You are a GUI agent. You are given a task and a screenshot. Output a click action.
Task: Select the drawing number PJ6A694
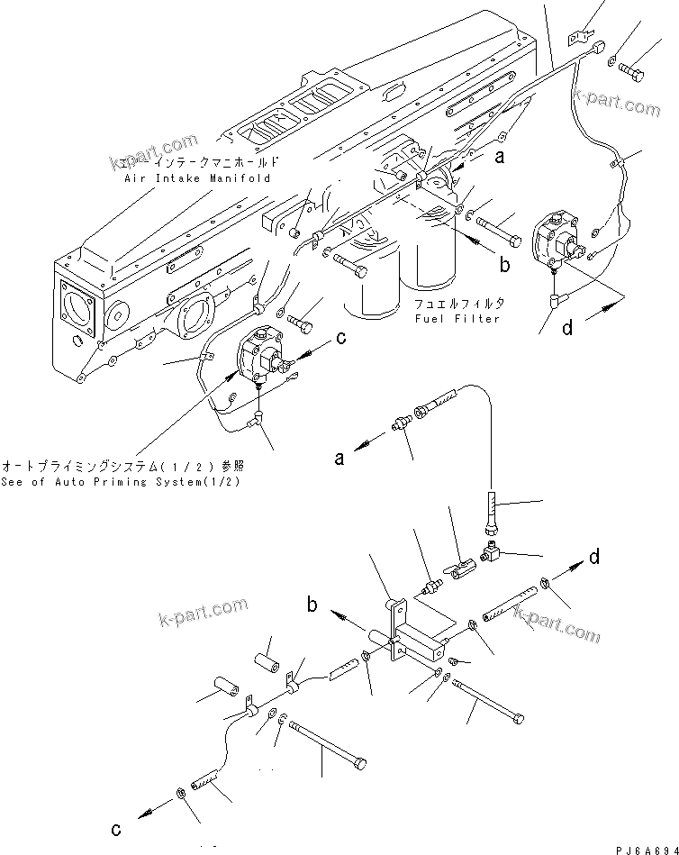pyautogui.click(x=640, y=849)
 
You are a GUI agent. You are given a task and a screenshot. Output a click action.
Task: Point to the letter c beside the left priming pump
pyautogui.click(x=341, y=340)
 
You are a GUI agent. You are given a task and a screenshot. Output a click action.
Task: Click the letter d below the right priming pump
pyautogui.click(x=567, y=328)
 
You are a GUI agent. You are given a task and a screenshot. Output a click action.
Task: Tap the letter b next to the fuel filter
pyautogui.click(x=505, y=264)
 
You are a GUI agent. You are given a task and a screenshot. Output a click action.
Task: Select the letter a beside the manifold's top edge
pyautogui.click(x=522, y=156)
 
